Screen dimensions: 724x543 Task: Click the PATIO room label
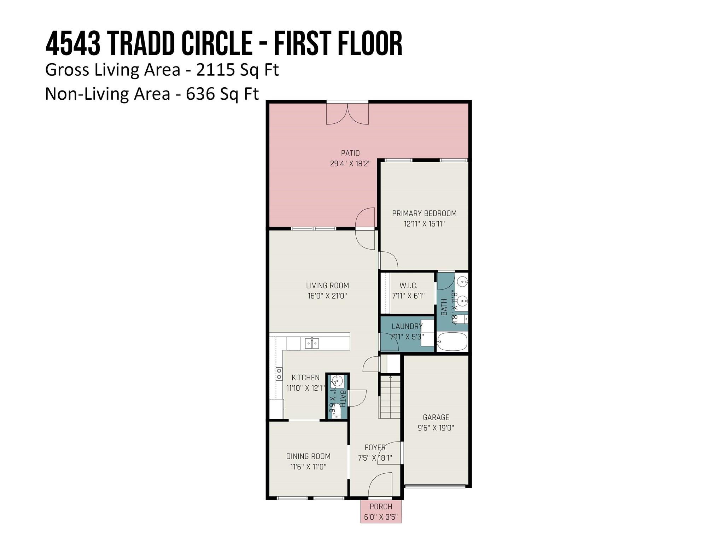click(x=350, y=153)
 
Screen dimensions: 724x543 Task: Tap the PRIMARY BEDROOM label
click(x=424, y=213)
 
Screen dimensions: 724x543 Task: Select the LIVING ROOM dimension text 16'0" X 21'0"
click(x=327, y=296)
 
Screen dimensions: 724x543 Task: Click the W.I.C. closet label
click(x=408, y=285)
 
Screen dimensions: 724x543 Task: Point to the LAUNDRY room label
click(x=407, y=326)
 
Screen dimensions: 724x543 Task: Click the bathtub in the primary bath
click(x=452, y=341)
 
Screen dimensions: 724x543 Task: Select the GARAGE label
click(x=436, y=417)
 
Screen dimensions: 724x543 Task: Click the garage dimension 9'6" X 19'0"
click(x=436, y=428)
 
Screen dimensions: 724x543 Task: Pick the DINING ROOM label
click(x=308, y=456)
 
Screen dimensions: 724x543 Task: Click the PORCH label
click(x=381, y=507)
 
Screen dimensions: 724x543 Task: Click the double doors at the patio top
click(x=347, y=113)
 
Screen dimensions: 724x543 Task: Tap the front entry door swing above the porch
click(x=380, y=484)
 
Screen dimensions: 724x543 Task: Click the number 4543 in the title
click(x=73, y=44)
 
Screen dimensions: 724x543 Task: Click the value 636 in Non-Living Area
click(x=200, y=94)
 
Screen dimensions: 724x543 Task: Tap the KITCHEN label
click(x=305, y=378)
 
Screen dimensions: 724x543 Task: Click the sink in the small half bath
click(x=337, y=381)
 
